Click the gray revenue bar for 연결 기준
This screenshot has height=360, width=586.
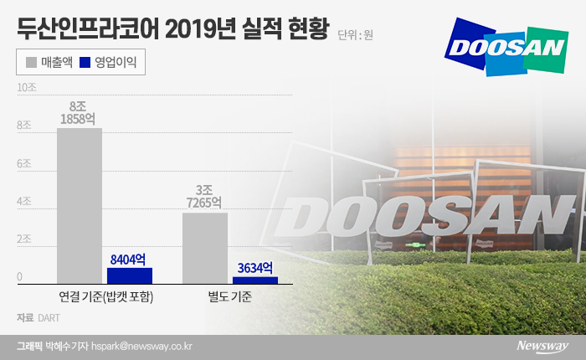[x=80, y=205]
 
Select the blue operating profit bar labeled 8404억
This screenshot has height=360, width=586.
[x=130, y=275]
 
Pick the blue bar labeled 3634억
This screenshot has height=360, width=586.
[x=255, y=280]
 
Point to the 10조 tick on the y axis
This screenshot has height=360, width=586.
[x=26, y=87]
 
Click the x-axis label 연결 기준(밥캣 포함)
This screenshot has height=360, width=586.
[x=105, y=296]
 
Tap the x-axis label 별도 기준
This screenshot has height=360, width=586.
[x=230, y=296]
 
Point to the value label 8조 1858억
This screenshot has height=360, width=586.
[x=80, y=113]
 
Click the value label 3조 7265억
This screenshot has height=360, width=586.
[x=205, y=197]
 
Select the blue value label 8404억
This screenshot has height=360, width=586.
[x=130, y=259]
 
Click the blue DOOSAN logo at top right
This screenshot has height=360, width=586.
[x=506, y=46]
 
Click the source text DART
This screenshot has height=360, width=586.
[x=49, y=318]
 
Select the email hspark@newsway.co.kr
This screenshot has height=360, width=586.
[x=143, y=345]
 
